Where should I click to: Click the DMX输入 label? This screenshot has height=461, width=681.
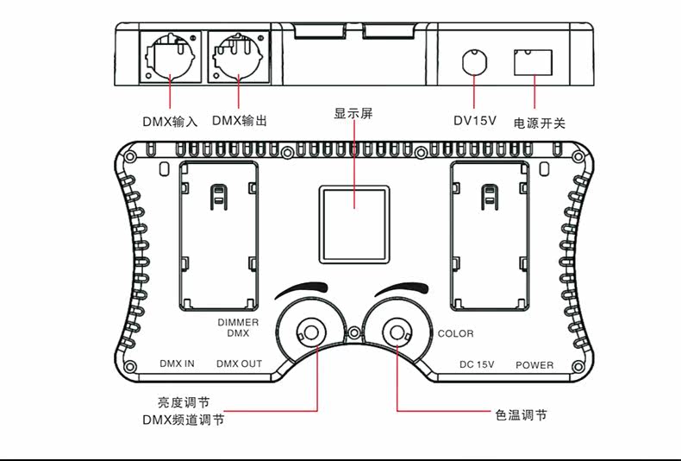point(170,122)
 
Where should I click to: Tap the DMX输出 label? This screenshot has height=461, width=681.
point(240,121)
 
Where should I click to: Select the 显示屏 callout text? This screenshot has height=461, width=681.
point(353,113)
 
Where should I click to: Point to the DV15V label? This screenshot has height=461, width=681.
point(475,121)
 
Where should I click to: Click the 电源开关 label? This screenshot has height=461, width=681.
point(540,123)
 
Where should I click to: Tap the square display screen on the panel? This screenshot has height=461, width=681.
point(354,224)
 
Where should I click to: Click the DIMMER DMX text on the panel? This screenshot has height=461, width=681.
point(238,328)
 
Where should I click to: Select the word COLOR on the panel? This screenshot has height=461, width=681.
point(456,333)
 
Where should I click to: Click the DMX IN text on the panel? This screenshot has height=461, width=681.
point(177,363)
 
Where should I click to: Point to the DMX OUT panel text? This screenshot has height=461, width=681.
point(240,363)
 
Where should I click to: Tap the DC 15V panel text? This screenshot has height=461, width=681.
point(477,364)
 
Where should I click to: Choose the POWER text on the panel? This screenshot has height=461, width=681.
point(534,365)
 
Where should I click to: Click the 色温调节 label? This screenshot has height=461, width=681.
point(522,415)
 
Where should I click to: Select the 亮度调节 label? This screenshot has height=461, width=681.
point(184,402)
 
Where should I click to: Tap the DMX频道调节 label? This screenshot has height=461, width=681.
point(184,420)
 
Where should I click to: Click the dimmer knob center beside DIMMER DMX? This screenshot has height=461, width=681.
point(311,332)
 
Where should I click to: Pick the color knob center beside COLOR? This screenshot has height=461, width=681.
point(396,332)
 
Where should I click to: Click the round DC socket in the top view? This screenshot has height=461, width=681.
point(474,62)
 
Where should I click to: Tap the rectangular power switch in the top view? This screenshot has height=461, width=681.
point(533,63)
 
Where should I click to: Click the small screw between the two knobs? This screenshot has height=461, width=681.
point(354,333)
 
